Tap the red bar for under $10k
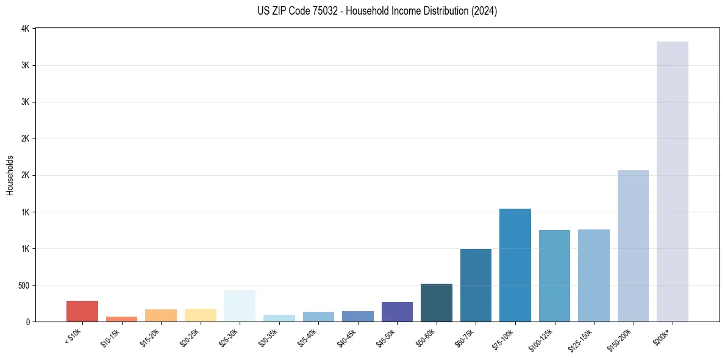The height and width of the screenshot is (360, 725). coord(82,311)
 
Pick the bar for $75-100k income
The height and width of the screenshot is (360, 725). coord(515,265)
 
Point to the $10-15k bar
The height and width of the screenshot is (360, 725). coord(121,319)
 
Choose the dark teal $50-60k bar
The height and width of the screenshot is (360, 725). coord(436,303)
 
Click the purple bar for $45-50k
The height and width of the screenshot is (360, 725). coord(397,312)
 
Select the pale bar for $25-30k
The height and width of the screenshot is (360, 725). coord(240,306)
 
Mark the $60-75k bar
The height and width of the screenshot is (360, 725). coord(476,285)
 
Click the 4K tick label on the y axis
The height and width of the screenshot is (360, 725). coord(25,29)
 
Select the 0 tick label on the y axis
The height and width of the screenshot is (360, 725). coord(27,322)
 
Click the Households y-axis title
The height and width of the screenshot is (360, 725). coord(10,175)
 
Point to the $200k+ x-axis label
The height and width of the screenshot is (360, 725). coord(664,334)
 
